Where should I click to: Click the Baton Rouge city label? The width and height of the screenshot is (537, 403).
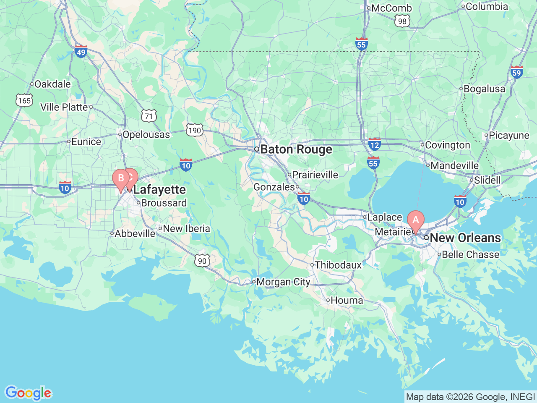pos(296,149)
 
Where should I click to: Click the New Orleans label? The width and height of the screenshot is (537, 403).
pos(465,238)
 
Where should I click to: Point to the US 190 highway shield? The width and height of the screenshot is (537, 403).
pos(195,130)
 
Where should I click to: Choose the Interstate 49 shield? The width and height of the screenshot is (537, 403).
pos(81,52)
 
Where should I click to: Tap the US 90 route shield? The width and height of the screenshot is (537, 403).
pos(202,261)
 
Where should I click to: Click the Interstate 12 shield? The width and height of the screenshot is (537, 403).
pos(374,144)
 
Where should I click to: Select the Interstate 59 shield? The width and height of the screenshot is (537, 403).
pos(516,72)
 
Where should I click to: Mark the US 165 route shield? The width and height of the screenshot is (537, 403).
pos(24,100)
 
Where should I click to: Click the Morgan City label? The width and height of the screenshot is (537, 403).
pos(283,282)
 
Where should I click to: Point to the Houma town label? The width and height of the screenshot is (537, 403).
pos(347,300)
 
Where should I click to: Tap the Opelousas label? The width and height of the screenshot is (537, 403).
pos(146,135)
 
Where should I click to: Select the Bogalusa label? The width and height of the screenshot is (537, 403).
pos(484,89)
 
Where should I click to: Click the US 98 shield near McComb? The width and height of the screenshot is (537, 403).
pos(402,21)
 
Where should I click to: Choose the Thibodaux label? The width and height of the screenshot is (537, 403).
pos(338,265)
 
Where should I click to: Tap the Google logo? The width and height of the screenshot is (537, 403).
pos(28,393)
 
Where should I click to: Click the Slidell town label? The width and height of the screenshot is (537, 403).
pos(487,180)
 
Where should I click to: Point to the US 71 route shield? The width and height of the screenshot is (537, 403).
pos(149,116)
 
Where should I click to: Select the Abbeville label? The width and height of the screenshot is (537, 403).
pos(135,233)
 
